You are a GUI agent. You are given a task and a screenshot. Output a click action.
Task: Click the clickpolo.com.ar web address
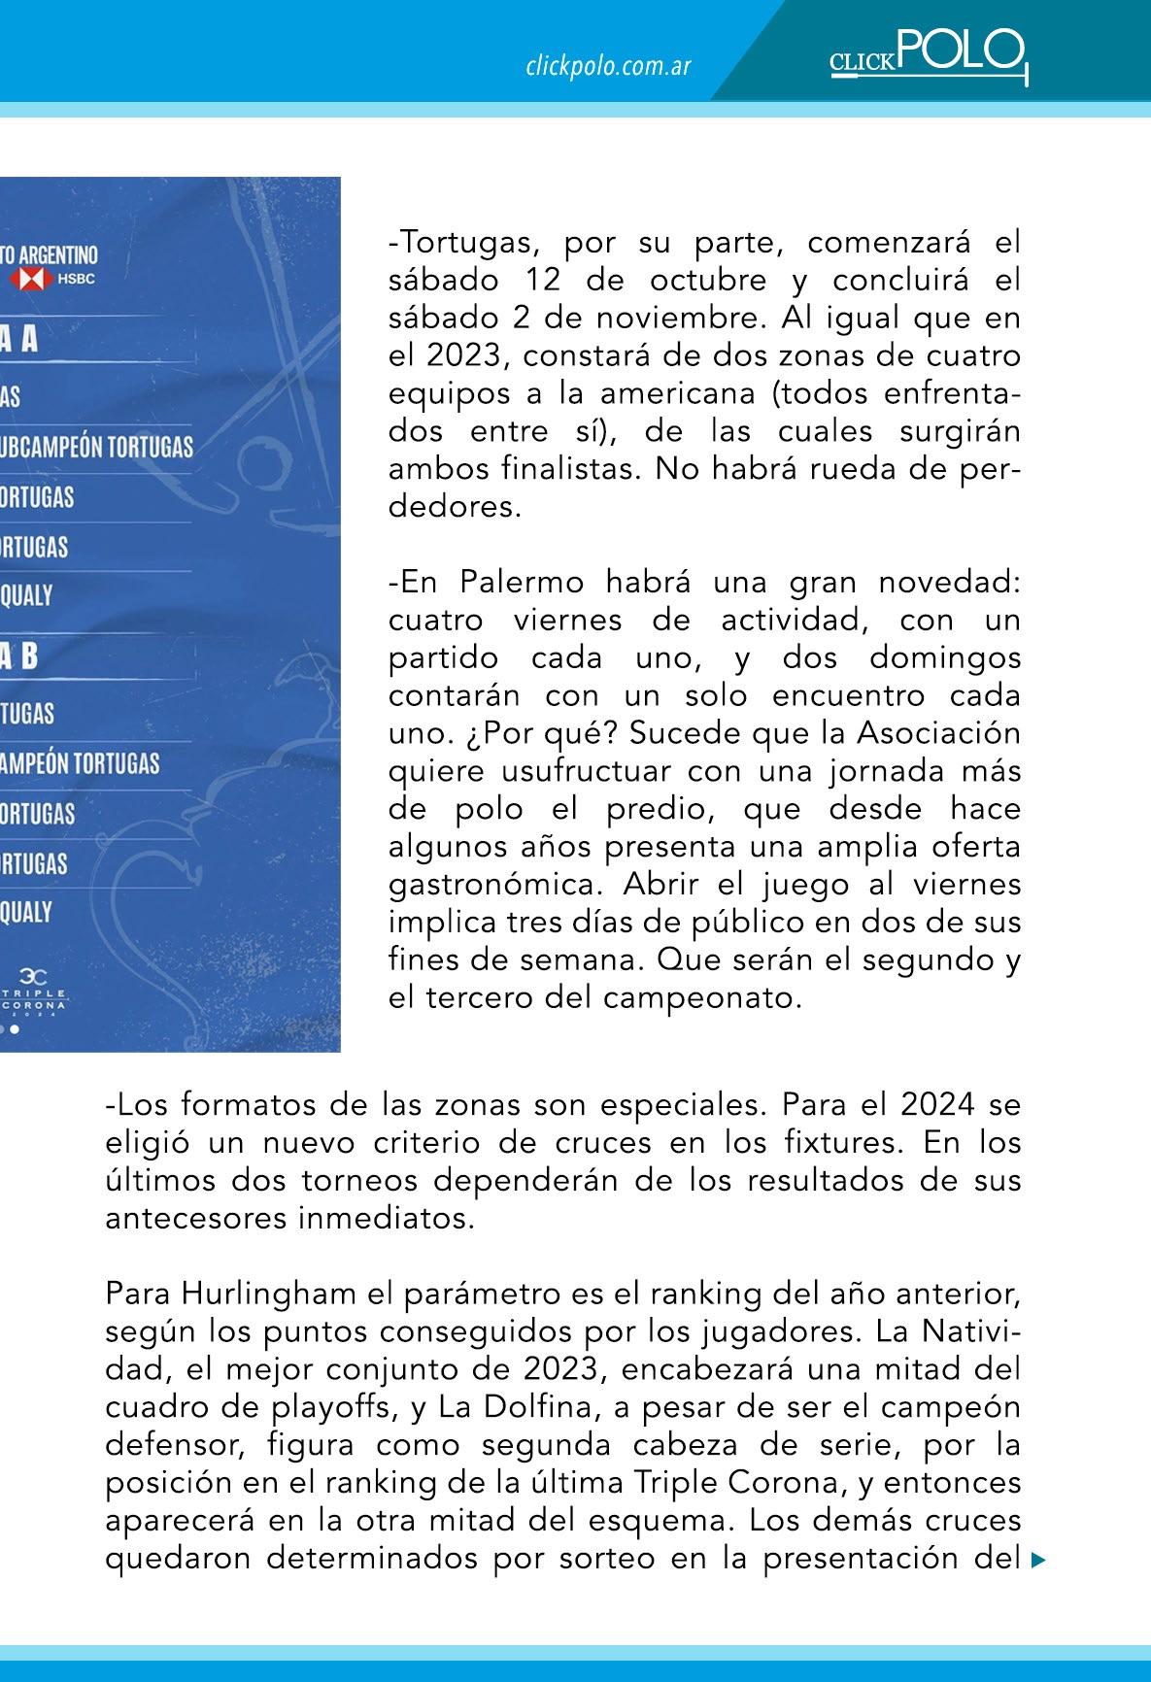click(x=608, y=66)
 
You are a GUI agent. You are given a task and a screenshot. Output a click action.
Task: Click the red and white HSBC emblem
click(x=30, y=281)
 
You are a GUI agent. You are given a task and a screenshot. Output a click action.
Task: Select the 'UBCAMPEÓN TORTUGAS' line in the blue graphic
click(x=97, y=447)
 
